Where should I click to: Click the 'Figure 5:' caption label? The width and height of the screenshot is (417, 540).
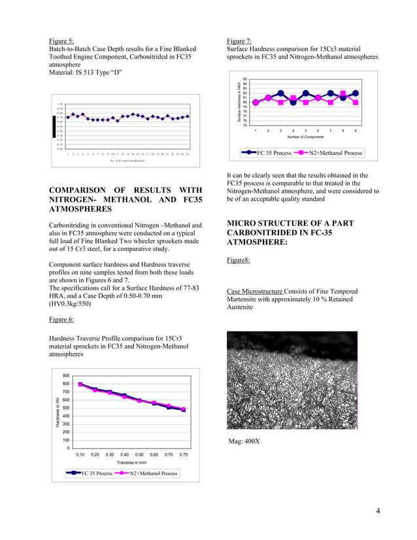click(x=61, y=41)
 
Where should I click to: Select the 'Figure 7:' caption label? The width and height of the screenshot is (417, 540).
click(x=239, y=41)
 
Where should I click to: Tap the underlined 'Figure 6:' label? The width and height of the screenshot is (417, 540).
click(x=61, y=319)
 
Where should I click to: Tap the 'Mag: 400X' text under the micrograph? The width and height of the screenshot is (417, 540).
click(x=244, y=441)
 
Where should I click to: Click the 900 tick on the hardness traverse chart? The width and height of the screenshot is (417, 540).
click(x=66, y=376)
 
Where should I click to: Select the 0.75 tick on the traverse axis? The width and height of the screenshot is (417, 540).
click(x=183, y=454)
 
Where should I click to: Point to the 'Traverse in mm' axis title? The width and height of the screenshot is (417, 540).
click(x=133, y=462)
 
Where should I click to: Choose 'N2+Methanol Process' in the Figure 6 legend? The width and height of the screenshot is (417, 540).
click(x=151, y=473)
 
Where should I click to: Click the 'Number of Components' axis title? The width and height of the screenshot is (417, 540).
click(x=305, y=138)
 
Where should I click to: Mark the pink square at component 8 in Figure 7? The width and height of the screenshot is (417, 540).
click(x=343, y=97)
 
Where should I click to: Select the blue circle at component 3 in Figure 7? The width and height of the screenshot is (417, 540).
click(x=280, y=93)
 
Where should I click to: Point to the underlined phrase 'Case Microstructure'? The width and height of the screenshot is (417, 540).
click(x=254, y=291)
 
